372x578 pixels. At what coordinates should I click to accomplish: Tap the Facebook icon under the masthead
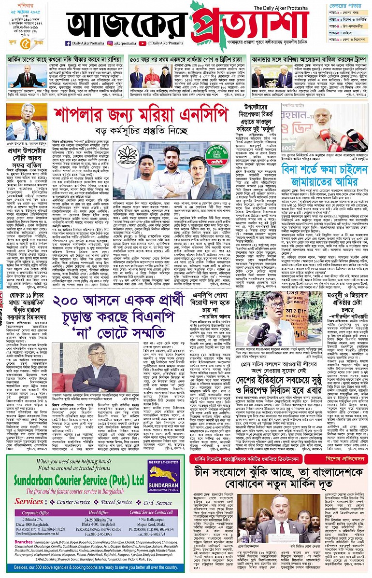[x=68, y=43]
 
